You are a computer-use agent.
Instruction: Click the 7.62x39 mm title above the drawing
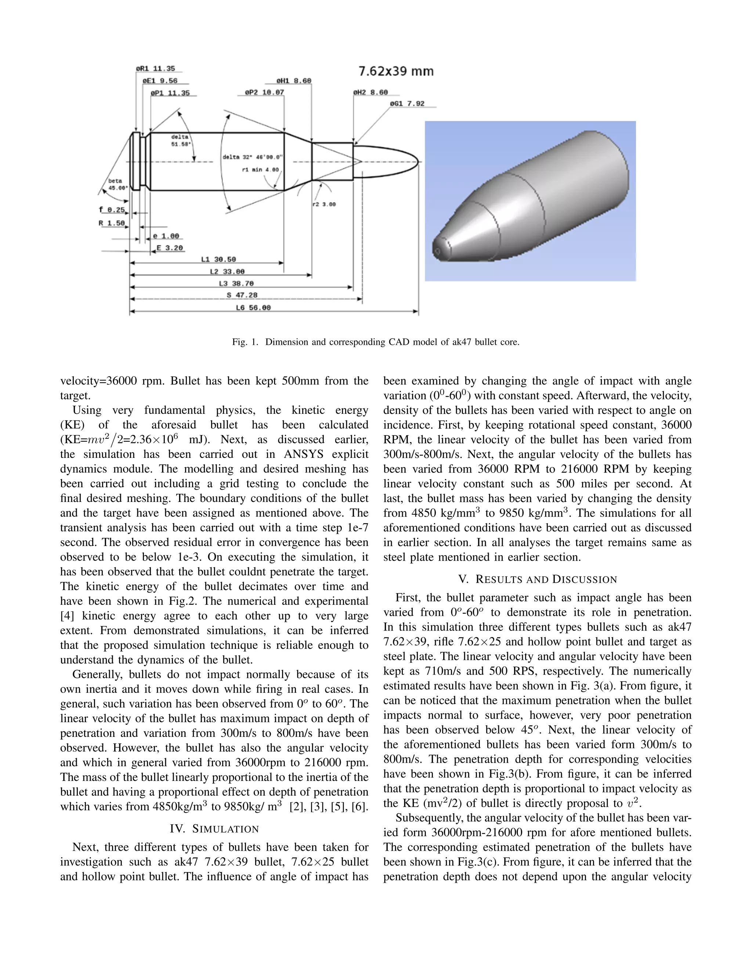point(395,71)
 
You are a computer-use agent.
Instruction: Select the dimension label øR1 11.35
point(155,69)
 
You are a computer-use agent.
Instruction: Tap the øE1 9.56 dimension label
point(160,81)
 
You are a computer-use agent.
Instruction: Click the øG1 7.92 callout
point(407,104)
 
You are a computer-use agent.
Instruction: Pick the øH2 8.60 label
point(370,92)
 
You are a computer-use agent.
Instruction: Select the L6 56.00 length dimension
point(253,308)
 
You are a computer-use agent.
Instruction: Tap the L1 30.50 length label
point(219,259)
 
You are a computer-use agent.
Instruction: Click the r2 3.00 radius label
point(324,205)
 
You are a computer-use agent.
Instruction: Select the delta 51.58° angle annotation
point(180,141)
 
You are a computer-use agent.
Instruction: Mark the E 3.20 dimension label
point(169,248)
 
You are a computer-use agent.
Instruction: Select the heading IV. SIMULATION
point(214,829)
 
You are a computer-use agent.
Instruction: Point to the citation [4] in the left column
point(67,616)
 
